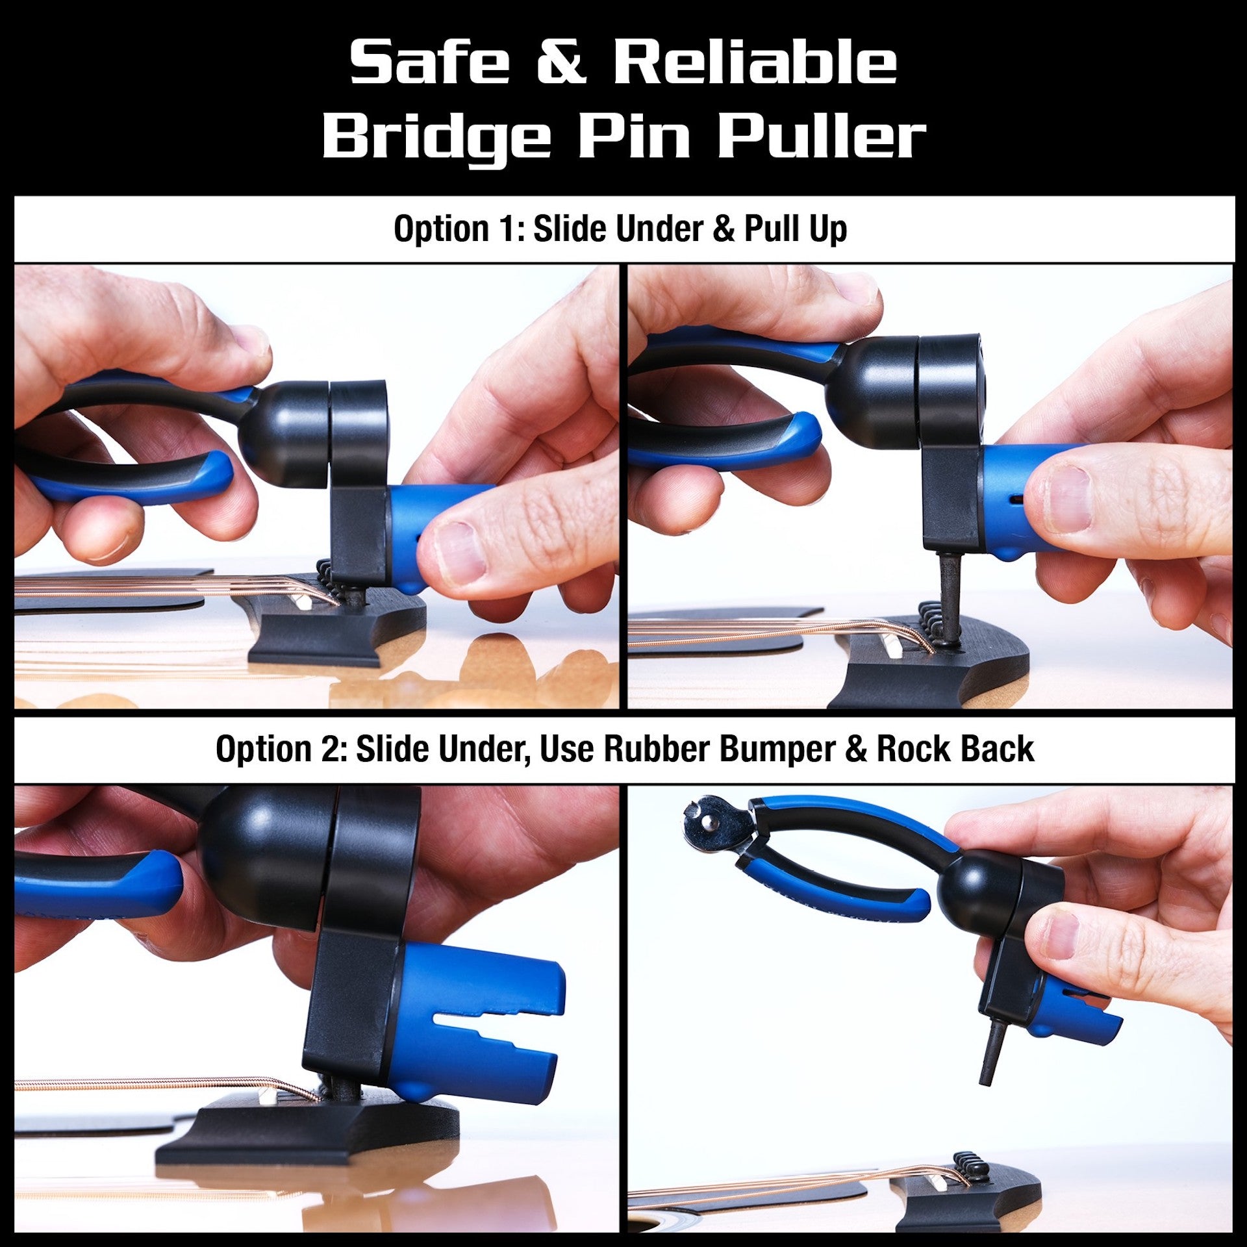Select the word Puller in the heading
pos(821,136)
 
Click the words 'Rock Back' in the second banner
pos(955,749)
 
